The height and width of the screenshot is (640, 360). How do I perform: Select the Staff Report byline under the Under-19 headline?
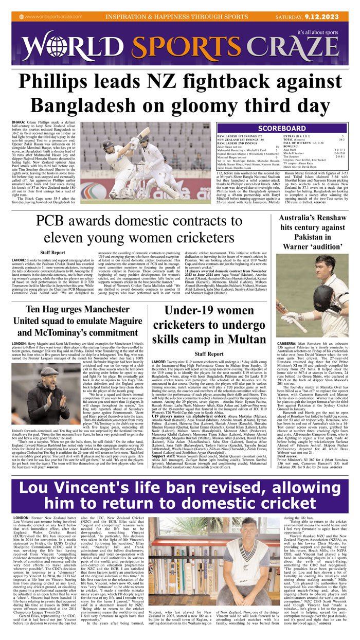pyautogui.click(x=209, y=354)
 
